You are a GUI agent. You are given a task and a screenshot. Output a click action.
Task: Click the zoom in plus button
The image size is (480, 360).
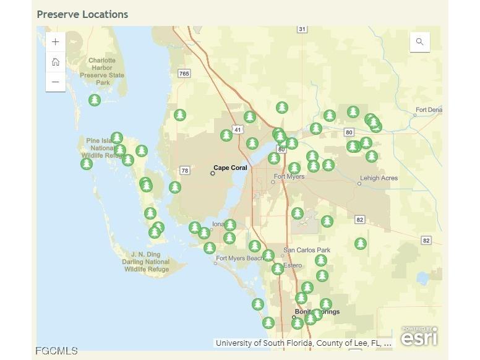coord(56,42)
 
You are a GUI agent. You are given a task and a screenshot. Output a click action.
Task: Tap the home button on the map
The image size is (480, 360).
coord(56,62)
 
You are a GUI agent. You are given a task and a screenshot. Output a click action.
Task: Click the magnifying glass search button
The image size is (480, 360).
coord(420,42)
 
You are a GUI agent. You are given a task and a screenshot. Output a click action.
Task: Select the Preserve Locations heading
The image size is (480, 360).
coord(82,14)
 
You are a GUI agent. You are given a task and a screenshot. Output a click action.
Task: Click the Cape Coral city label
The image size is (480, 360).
coord(230,168)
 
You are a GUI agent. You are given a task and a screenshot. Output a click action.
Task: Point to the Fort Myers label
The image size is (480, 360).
coord(289,177)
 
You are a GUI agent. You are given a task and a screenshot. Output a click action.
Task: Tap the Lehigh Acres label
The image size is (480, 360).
coord(379,178)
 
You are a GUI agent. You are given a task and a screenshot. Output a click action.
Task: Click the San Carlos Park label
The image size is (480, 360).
coord(307,251)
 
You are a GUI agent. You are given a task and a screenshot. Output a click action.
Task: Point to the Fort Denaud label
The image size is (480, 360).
coord(429,110)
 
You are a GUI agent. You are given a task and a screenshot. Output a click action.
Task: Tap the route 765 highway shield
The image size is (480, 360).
coord(184,74)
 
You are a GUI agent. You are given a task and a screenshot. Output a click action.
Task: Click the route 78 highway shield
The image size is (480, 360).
coord(184,170)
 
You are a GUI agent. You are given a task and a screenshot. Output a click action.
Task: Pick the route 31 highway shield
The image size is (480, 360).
coord(302,29)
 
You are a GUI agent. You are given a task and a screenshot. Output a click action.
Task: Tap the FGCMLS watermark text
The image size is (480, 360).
coord(57,351)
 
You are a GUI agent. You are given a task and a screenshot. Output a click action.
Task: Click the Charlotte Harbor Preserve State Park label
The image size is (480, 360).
coord(102,72)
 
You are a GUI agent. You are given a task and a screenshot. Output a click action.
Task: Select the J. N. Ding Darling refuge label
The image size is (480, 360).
coord(146,262)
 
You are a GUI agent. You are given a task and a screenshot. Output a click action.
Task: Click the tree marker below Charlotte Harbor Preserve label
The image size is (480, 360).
coord(94,100)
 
